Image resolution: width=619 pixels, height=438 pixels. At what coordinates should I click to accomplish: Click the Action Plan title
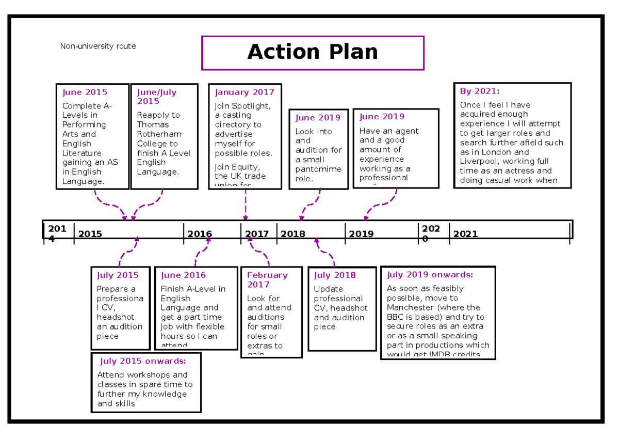(x=312, y=52)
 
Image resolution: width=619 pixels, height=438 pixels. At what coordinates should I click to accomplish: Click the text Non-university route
(x=98, y=46)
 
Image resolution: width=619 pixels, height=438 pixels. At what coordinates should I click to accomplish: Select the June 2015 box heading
(x=85, y=92)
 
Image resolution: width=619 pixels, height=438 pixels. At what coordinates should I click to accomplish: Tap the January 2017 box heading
(x=245, y=92)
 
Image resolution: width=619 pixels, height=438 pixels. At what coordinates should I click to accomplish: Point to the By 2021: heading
(x=479, y=91)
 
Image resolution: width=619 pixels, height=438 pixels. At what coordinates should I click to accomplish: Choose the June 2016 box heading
(x=183, y=275)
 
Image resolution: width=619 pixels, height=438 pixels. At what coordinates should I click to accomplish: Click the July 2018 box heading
(x=335, y=275)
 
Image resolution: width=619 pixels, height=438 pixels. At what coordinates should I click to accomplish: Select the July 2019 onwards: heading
(x=430, y=275)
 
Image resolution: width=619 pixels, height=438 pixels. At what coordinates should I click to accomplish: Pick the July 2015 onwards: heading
(x=143, y=361)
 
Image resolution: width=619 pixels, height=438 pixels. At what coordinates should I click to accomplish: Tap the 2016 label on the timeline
(x=199, y=234)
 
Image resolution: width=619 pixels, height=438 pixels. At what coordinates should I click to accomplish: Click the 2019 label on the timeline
(x=361, y=234)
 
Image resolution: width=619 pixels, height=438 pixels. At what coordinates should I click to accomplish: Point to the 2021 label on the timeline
(x=465, y=234)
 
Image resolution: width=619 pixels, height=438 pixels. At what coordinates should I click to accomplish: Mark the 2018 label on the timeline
(x=293, y=234)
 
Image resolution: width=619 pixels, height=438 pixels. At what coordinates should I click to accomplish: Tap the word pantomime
(x=318, y=169)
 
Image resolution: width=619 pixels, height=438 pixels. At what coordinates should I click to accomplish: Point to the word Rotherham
(x=159, y=134)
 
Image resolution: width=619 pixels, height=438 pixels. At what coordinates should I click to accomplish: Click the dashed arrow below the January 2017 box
(x=246, y=205)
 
